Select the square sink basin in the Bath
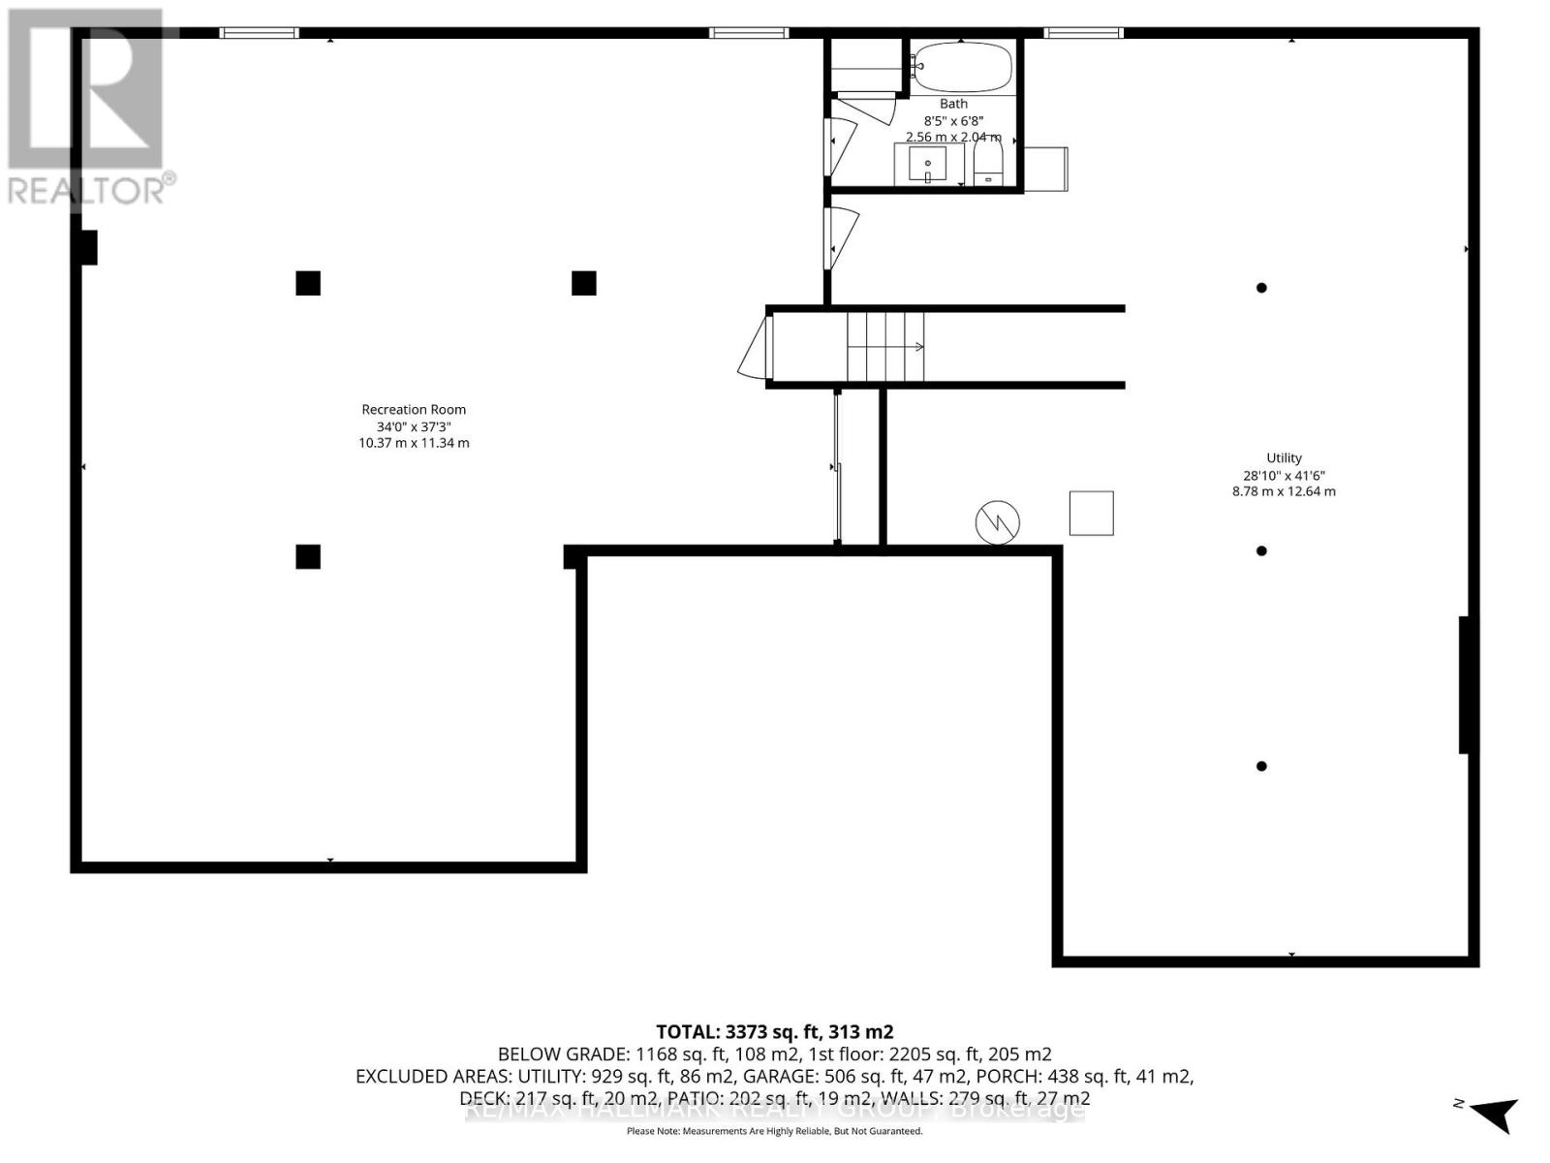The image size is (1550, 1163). click(928, 165)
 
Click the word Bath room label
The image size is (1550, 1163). click(953, 104)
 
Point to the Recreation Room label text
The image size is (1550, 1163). click(414, 410)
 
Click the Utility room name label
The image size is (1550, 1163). click(1284, 458)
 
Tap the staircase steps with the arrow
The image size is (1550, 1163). click(885, 347)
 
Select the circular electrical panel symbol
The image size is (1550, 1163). click(998, 523)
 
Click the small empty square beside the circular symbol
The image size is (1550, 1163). click(1091, 514)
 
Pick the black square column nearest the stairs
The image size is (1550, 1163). click(583, 283)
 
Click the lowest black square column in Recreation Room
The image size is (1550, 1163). click(308, 556)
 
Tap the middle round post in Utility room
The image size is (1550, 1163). click(1261, 551)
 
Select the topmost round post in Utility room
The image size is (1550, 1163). click(1261, 288)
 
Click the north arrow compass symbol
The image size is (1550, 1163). click(1492, 1113)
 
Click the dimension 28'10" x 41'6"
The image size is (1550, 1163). click(1284, 476)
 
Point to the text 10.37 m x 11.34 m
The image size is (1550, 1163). click(414, 443)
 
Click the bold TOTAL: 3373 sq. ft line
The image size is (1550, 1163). click(774, 1032)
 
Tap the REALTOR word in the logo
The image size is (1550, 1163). click(87, 190)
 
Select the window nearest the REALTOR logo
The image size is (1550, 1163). click(259, 33)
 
